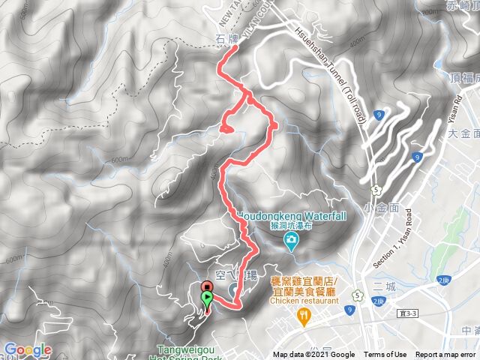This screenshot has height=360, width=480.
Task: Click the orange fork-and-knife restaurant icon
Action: [x=303, y=315]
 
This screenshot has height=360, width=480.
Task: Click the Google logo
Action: [x=27, y=349]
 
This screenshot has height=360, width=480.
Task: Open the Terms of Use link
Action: [x=385, y=355]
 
